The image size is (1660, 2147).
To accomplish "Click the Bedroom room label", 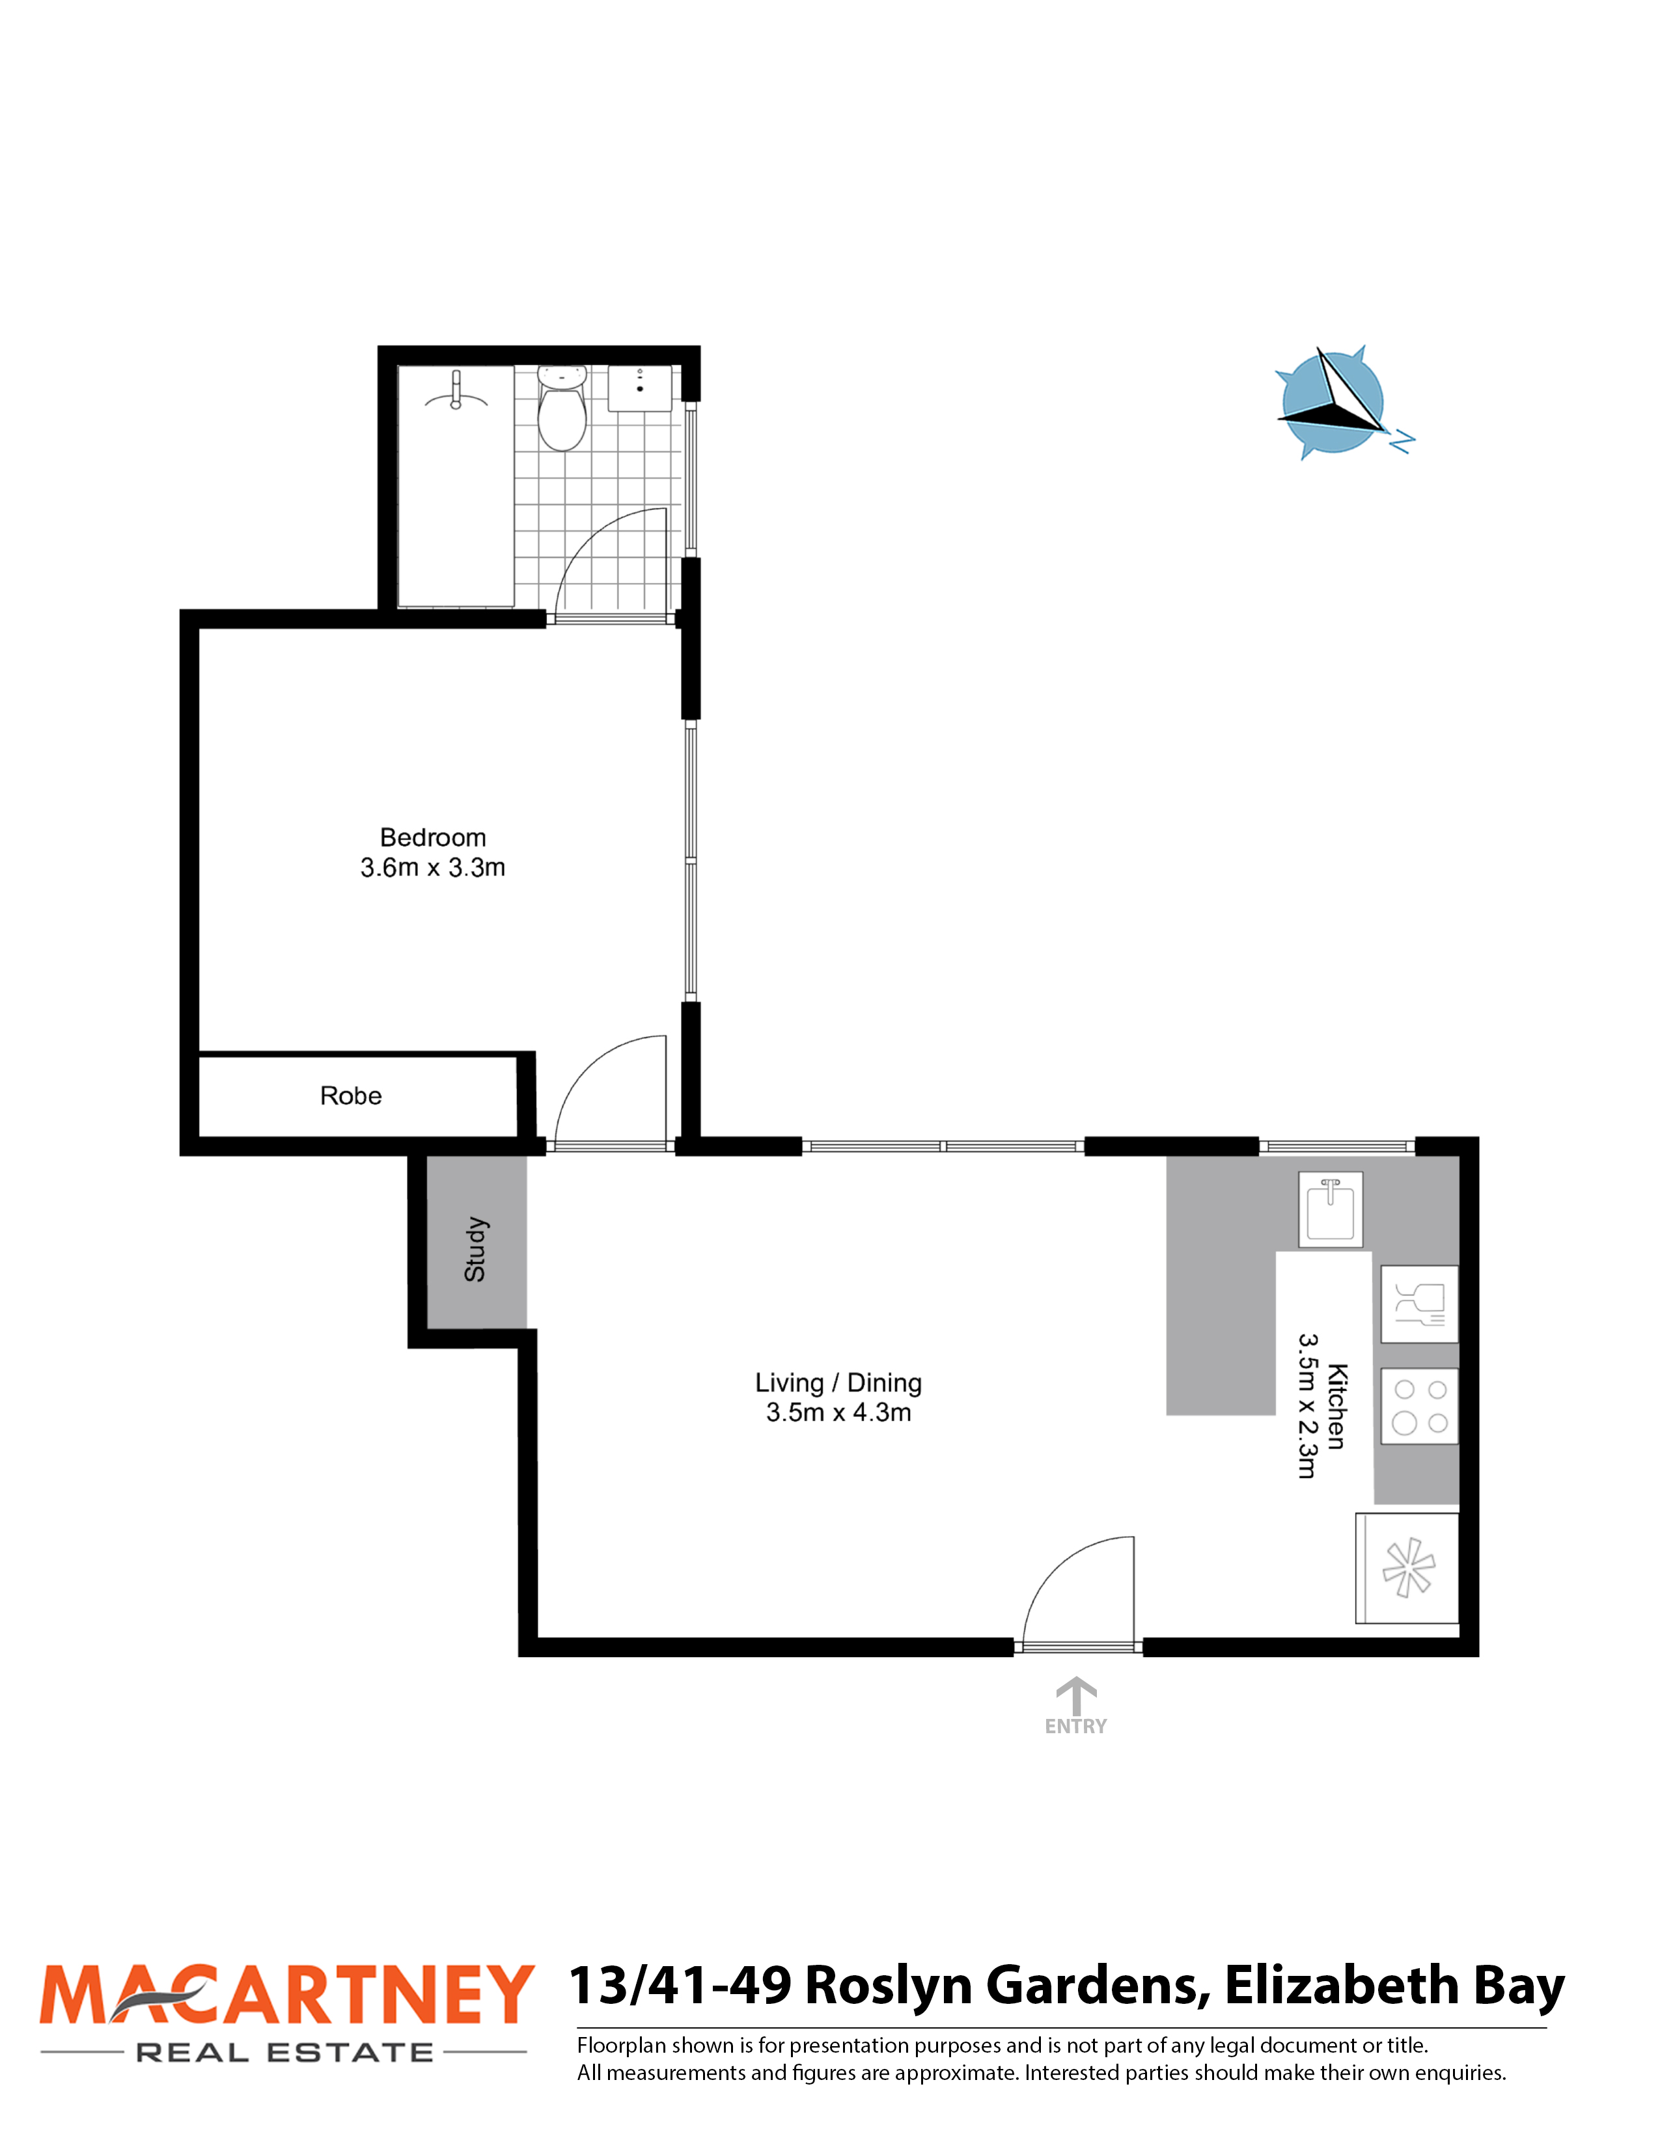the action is click(433, 837).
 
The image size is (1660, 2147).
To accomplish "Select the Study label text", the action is click(475, 1249).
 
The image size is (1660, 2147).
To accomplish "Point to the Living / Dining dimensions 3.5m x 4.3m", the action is click(839, 1412).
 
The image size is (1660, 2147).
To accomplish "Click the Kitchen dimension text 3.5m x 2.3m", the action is click(1307, 1406).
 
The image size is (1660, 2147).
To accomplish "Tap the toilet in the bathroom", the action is click(562, 408).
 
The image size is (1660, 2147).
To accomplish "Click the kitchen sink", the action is click(1331, 1209).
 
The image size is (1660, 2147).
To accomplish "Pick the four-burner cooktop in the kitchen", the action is click(1419, 1407).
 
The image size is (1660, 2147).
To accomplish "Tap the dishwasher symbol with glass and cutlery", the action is click(1419, 1304).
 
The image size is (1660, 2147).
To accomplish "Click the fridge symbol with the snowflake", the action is click(1407, 1568).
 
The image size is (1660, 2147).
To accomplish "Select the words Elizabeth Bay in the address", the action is click(1394, 1985).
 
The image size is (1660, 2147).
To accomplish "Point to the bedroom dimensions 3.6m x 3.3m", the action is click(433, 868).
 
